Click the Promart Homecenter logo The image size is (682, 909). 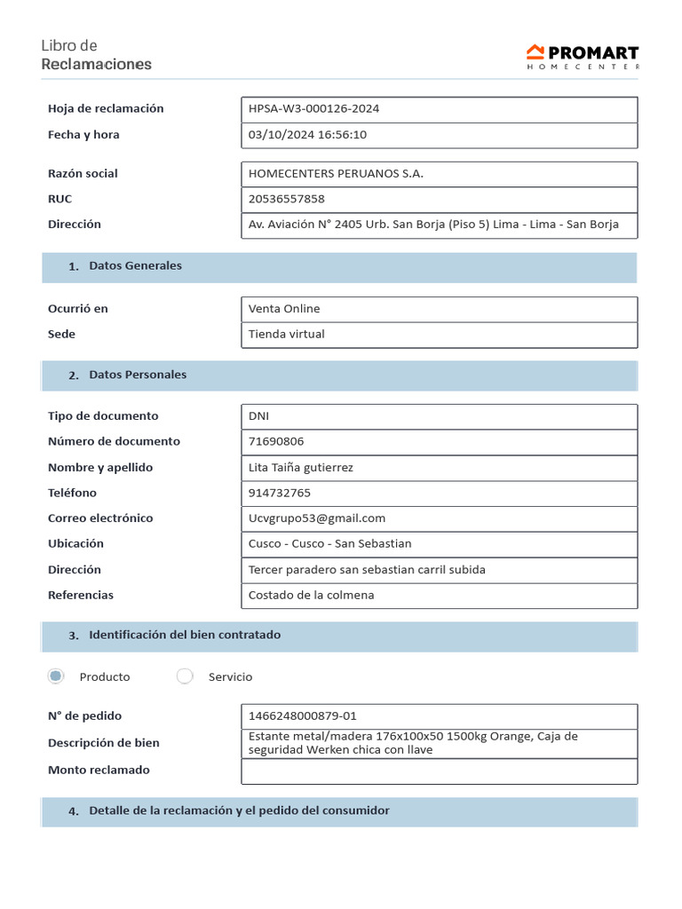pos(582,56)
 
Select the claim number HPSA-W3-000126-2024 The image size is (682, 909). pos(314,109)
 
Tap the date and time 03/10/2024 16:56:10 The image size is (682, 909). pos(307,135)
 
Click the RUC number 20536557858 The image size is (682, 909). pos(287,199)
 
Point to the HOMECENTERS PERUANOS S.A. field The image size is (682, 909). pos(336,174)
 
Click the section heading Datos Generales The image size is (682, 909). pos(135,266)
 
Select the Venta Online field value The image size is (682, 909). pos(284,309)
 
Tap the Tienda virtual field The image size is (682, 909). pos(287,335)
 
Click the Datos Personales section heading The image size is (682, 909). pos(138,375)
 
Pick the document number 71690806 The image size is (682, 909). pos(276,442)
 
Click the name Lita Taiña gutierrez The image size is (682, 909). pos(301,468)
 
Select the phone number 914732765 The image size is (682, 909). pos(280,494)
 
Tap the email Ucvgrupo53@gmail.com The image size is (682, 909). pos(317,518)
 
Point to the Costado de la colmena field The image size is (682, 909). pos(312,596)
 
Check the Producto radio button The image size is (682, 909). pos(56,676)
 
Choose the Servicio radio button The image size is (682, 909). pos(185,676)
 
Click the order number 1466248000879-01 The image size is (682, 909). pos(303,716)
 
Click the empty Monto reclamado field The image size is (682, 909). pos(439,771)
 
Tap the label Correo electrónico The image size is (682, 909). pos(100,518)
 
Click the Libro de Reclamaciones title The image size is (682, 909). pos(96,55)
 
